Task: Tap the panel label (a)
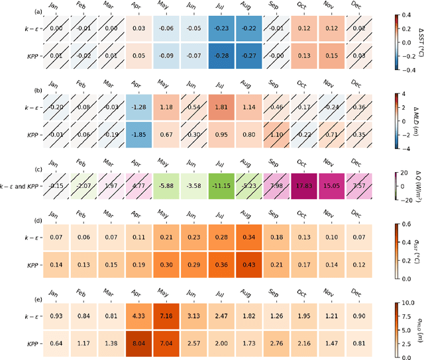(6, 11)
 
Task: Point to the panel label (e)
(6, 298)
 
